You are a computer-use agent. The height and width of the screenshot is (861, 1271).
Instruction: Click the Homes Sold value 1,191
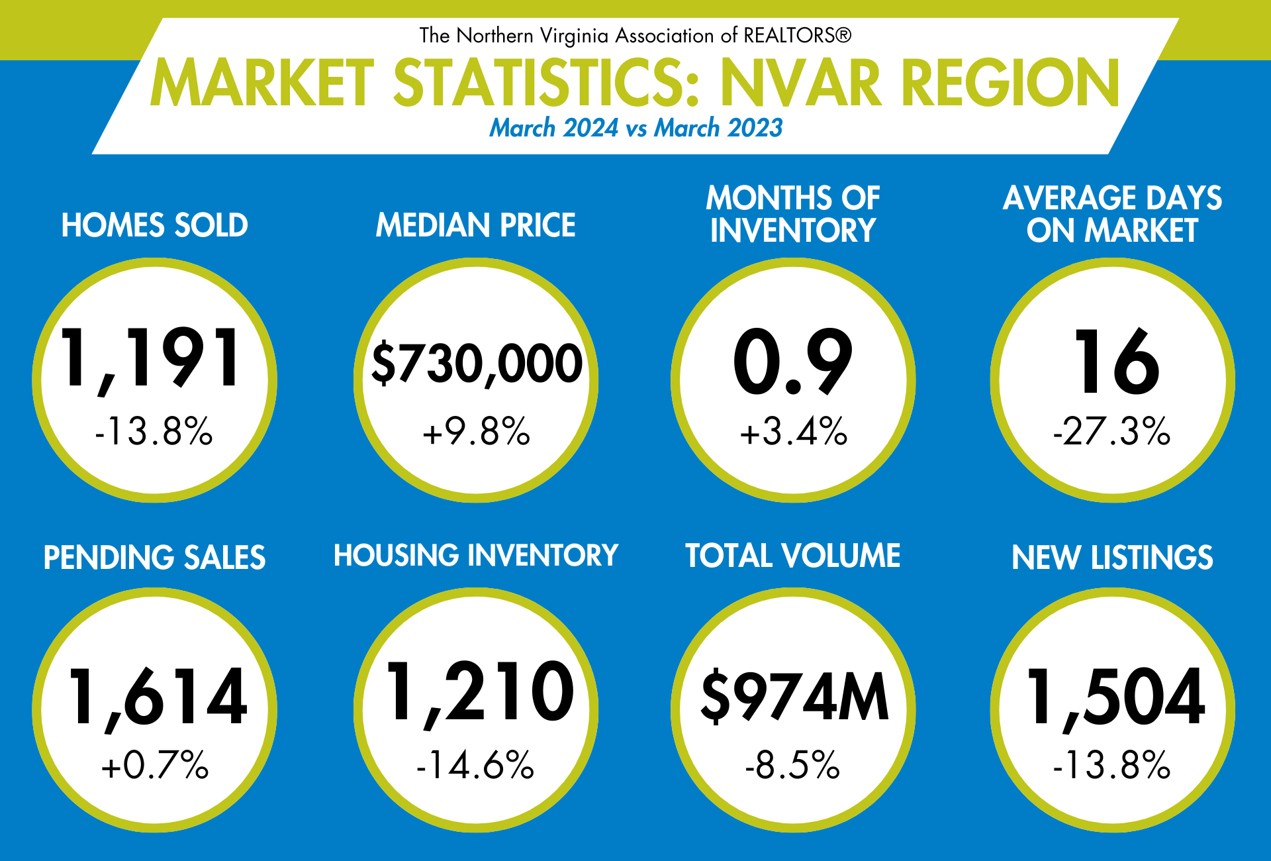[x=151, y=358]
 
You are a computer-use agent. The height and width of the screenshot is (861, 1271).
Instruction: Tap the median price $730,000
[x=477, y=363]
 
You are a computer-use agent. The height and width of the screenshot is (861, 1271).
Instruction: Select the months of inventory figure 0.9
[x=792, y=362]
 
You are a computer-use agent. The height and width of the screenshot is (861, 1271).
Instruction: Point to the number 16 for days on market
[x=1116, y=362]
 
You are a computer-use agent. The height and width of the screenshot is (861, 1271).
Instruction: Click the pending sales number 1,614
[x=158, y=697]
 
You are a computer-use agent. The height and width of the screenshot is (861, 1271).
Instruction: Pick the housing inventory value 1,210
[x=479, y=692]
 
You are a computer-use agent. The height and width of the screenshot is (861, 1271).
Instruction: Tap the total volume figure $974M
[x=794, y=697]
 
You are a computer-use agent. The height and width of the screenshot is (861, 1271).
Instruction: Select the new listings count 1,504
[x=1116, y=697]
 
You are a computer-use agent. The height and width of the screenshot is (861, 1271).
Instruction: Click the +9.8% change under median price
[x=477, y=431]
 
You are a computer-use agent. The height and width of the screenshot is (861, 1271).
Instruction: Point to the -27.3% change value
[x=1112, y=431]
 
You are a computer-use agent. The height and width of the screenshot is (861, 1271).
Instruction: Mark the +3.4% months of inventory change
[x=793, y=431]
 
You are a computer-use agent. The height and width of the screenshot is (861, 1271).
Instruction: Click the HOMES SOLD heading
[x=155, y=225]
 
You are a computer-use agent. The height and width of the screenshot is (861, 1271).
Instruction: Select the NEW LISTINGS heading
[x=1112, y=558]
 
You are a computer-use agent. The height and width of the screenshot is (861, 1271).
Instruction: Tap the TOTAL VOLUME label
[x=792, y=556]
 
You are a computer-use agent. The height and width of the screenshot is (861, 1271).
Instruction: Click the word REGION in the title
[x=1010, y=83]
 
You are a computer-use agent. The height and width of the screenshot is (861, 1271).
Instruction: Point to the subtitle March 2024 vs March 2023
[x=635, y=128]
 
